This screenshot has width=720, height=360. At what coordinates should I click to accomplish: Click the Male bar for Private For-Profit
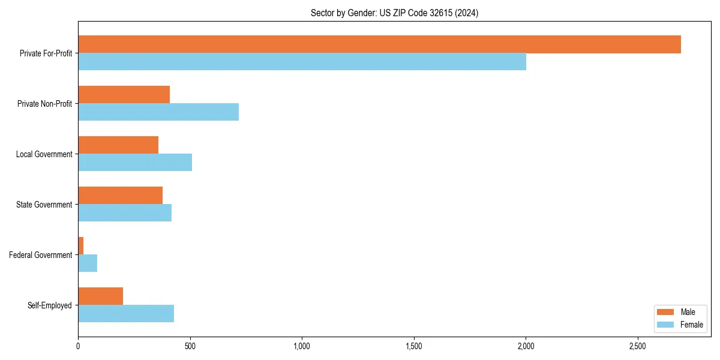coord(379,44)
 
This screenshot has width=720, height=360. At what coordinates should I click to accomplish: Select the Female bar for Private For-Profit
coord(302,62)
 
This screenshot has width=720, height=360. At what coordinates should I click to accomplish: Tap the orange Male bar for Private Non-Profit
coord(124,95)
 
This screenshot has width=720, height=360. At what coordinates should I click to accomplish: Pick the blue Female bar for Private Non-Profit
coord(158,112)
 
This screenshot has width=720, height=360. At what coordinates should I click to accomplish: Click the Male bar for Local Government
coord(118,145)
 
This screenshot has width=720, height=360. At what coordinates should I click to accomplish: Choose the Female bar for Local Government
coord(135,163)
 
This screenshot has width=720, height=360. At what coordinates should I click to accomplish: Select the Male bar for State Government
coord(120,196)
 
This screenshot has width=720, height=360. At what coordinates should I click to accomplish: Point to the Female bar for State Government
coord(125,213)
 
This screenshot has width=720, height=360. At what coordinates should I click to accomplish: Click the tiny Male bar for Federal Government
coord(81,246)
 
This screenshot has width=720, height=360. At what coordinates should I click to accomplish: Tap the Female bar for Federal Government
coord(88,263)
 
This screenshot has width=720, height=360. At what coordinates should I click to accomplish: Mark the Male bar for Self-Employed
coord(100,296)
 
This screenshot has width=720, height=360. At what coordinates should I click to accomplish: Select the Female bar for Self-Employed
coord(126,314)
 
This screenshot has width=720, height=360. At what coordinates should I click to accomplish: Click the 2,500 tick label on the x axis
coord(638,346)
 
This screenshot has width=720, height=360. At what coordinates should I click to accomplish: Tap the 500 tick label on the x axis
coord(190,346)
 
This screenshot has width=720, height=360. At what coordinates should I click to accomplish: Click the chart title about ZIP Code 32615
coord(394,13)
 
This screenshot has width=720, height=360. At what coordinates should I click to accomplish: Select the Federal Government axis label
coord(41,255)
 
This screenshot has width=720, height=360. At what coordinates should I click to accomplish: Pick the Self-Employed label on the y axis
coord(50,305)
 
